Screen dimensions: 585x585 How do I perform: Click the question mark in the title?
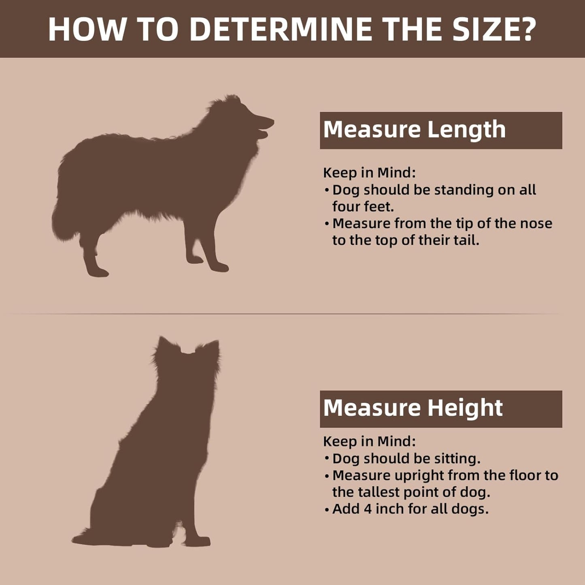tap(523, 29)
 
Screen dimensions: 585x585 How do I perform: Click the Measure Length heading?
tap(415, 130)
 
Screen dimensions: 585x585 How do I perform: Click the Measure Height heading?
tap(413, 408)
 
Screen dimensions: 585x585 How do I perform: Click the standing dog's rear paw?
tap(97, 272)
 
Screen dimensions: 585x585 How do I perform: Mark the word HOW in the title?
tap(87, 29)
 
